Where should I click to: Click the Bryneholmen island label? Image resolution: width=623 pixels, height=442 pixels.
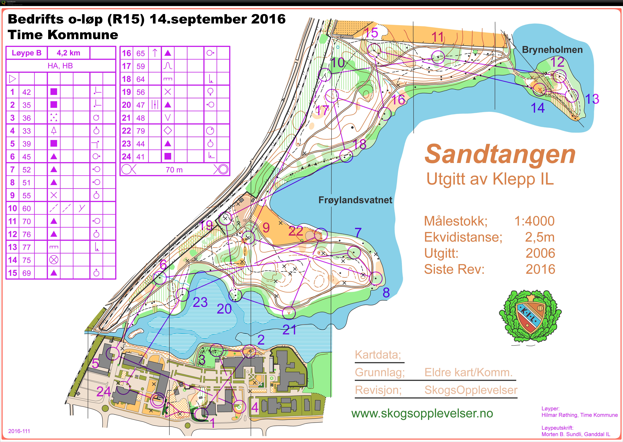pyautogui.click(x=552, y=50)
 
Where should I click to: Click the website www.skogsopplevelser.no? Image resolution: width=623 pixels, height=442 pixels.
pyautogui.click(x=422, y=413)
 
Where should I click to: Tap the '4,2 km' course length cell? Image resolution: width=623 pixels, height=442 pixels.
pyautogui.click(x=69, y=53)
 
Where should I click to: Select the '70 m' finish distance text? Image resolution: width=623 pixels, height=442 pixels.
pyautogui.click(x=174, y=170)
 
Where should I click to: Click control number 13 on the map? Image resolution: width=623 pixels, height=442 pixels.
pyautogui.click(x=592, y=99)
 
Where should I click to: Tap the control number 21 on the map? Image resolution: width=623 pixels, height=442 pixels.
pyautogui.click(x=289, y=330)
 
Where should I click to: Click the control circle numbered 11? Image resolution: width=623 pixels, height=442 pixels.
pyautogui.click(x=438, y=57)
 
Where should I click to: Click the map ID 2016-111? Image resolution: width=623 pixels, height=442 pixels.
pyautogui.click(x=19, y=431)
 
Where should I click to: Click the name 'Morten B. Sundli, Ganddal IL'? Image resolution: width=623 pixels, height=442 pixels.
pyautogui.click(x=576, y=434)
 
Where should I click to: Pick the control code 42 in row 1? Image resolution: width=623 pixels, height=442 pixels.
pyautogui.click(x=26, y=92)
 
